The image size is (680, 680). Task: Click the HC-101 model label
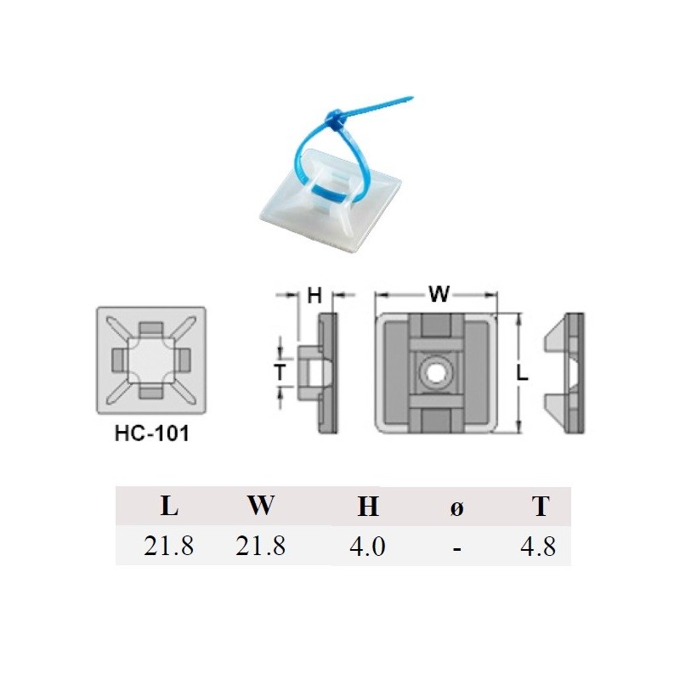coord(151,433)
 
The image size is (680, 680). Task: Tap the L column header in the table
coord(169,507)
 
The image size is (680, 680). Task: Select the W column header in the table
coord(261,506)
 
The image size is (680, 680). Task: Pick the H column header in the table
coord(367,507)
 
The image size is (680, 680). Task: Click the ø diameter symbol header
coord(456,507)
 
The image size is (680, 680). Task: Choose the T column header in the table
coord(541,507)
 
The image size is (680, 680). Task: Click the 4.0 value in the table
coord(367,547)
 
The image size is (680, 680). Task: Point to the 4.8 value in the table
coord(537,547)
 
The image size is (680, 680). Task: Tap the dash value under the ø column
coord(456,548)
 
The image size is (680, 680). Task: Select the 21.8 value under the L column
coord(169,547)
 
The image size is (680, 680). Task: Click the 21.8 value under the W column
coord(260,547)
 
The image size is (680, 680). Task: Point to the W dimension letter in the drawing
coord(439,294)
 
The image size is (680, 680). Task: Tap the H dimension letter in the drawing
coord(314,295)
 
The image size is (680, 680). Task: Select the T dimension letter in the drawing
coord(278,371)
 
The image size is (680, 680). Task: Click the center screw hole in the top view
coord(434,371)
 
